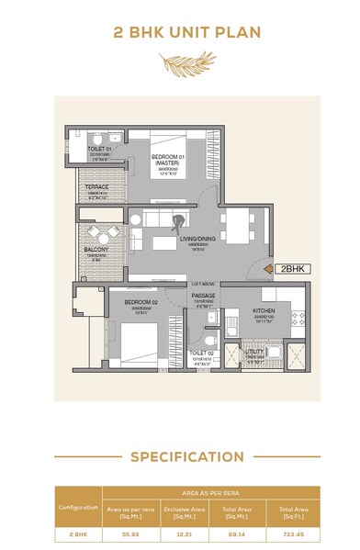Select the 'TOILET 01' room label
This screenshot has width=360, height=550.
tap(99, 148)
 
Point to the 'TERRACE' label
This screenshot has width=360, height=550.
tap(97, 187)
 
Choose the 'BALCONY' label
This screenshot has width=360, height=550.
tap(96, 250)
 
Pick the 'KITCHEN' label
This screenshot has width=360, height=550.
tap(264, 311)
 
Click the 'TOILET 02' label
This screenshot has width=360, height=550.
tap(202, 354)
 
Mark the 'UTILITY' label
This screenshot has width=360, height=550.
tap(254, 352)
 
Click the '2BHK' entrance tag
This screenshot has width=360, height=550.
tap(292, 269)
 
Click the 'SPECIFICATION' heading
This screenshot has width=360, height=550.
tap(186, 456)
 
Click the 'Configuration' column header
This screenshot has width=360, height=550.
tap(78, 508)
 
